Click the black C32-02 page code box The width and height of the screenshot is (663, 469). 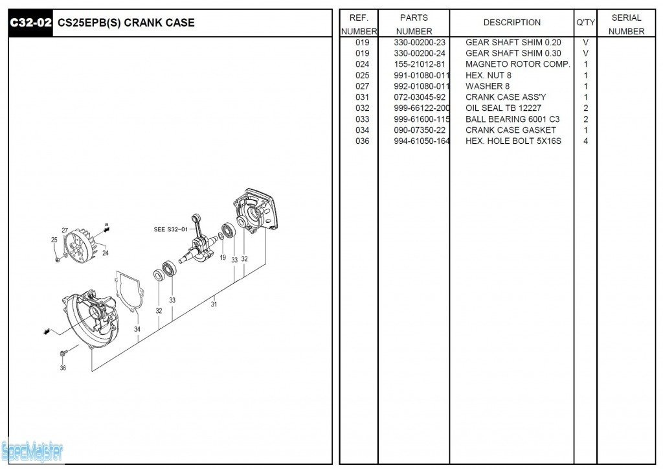click(x=30, y=23)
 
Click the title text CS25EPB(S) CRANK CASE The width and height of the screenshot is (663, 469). click(x=126, y=23)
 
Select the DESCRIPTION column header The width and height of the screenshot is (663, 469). click(x=511, y=23)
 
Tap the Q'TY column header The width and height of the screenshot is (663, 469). click(x=585, y=23)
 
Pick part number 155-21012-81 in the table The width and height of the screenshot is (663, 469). click(x=420, y=64)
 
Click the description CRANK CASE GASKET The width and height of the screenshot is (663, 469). click(x=510, y=130)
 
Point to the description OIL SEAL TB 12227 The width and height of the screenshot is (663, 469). click(x=503, y=108)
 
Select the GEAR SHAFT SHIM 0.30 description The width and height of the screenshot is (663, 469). click(x=513, y=53)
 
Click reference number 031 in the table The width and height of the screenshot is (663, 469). click(x=362, y=97)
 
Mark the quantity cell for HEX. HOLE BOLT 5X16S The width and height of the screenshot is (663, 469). click(x=585, y=141)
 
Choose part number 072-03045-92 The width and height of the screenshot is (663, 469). click(x=420, y=97)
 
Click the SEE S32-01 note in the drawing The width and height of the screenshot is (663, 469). click(x=170, y=229)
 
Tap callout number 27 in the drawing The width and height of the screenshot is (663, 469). click(x=65, y=231)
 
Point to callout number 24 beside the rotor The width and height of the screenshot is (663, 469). click(x=105, y=253)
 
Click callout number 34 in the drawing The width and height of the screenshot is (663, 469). click(x=137, y=330)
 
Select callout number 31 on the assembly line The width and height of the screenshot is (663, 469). click(x=214, y=304)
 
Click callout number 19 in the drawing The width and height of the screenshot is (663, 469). click(x=223, y=257)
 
